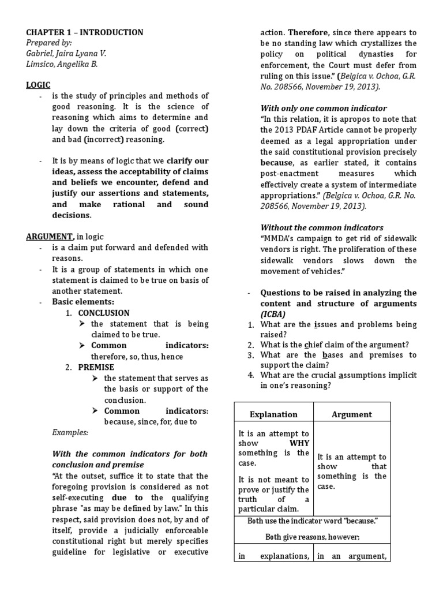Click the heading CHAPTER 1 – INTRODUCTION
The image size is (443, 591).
(85, 32)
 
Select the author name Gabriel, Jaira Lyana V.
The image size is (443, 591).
(67, 53)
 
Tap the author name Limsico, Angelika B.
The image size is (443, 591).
(62, 64)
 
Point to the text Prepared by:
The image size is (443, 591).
(49, 43)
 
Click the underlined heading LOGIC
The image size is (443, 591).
(38, 85)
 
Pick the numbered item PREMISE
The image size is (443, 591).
(96, 367)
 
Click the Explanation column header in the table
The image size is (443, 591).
(273, 414)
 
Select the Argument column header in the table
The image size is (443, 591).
(352, 414)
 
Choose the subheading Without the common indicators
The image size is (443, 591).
(321, 227)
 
